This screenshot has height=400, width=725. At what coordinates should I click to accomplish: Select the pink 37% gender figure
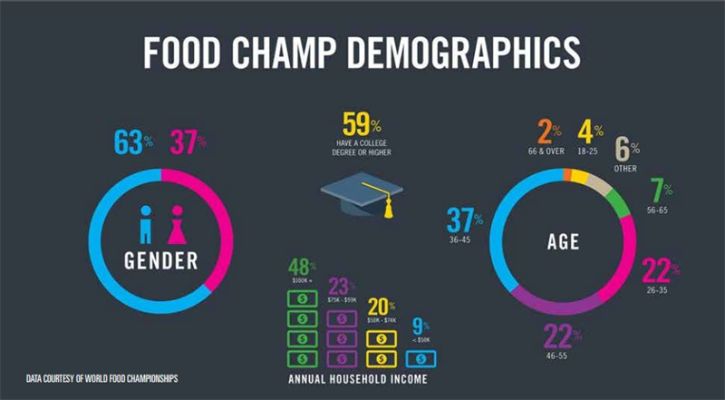(186, 143)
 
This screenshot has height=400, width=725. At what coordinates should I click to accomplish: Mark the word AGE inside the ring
(563, 242)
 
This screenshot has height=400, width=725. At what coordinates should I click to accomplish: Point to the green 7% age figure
(661, 192)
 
